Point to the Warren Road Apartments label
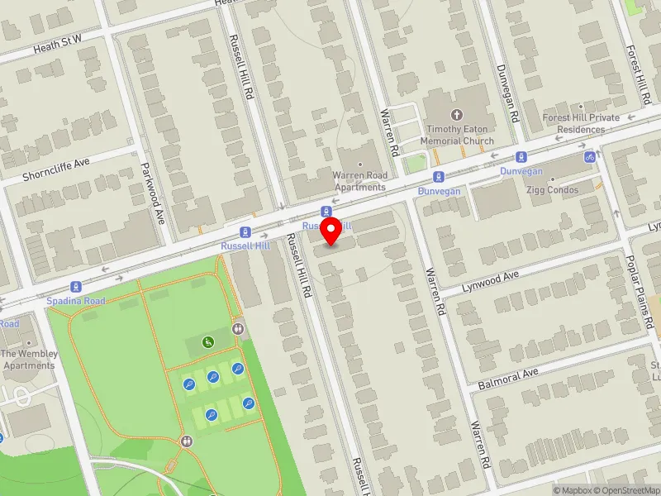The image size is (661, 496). (359, 181)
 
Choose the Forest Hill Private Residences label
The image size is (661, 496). (581, 123)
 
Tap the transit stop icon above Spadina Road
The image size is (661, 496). (75, 287)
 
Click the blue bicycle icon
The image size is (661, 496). (590, 156)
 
